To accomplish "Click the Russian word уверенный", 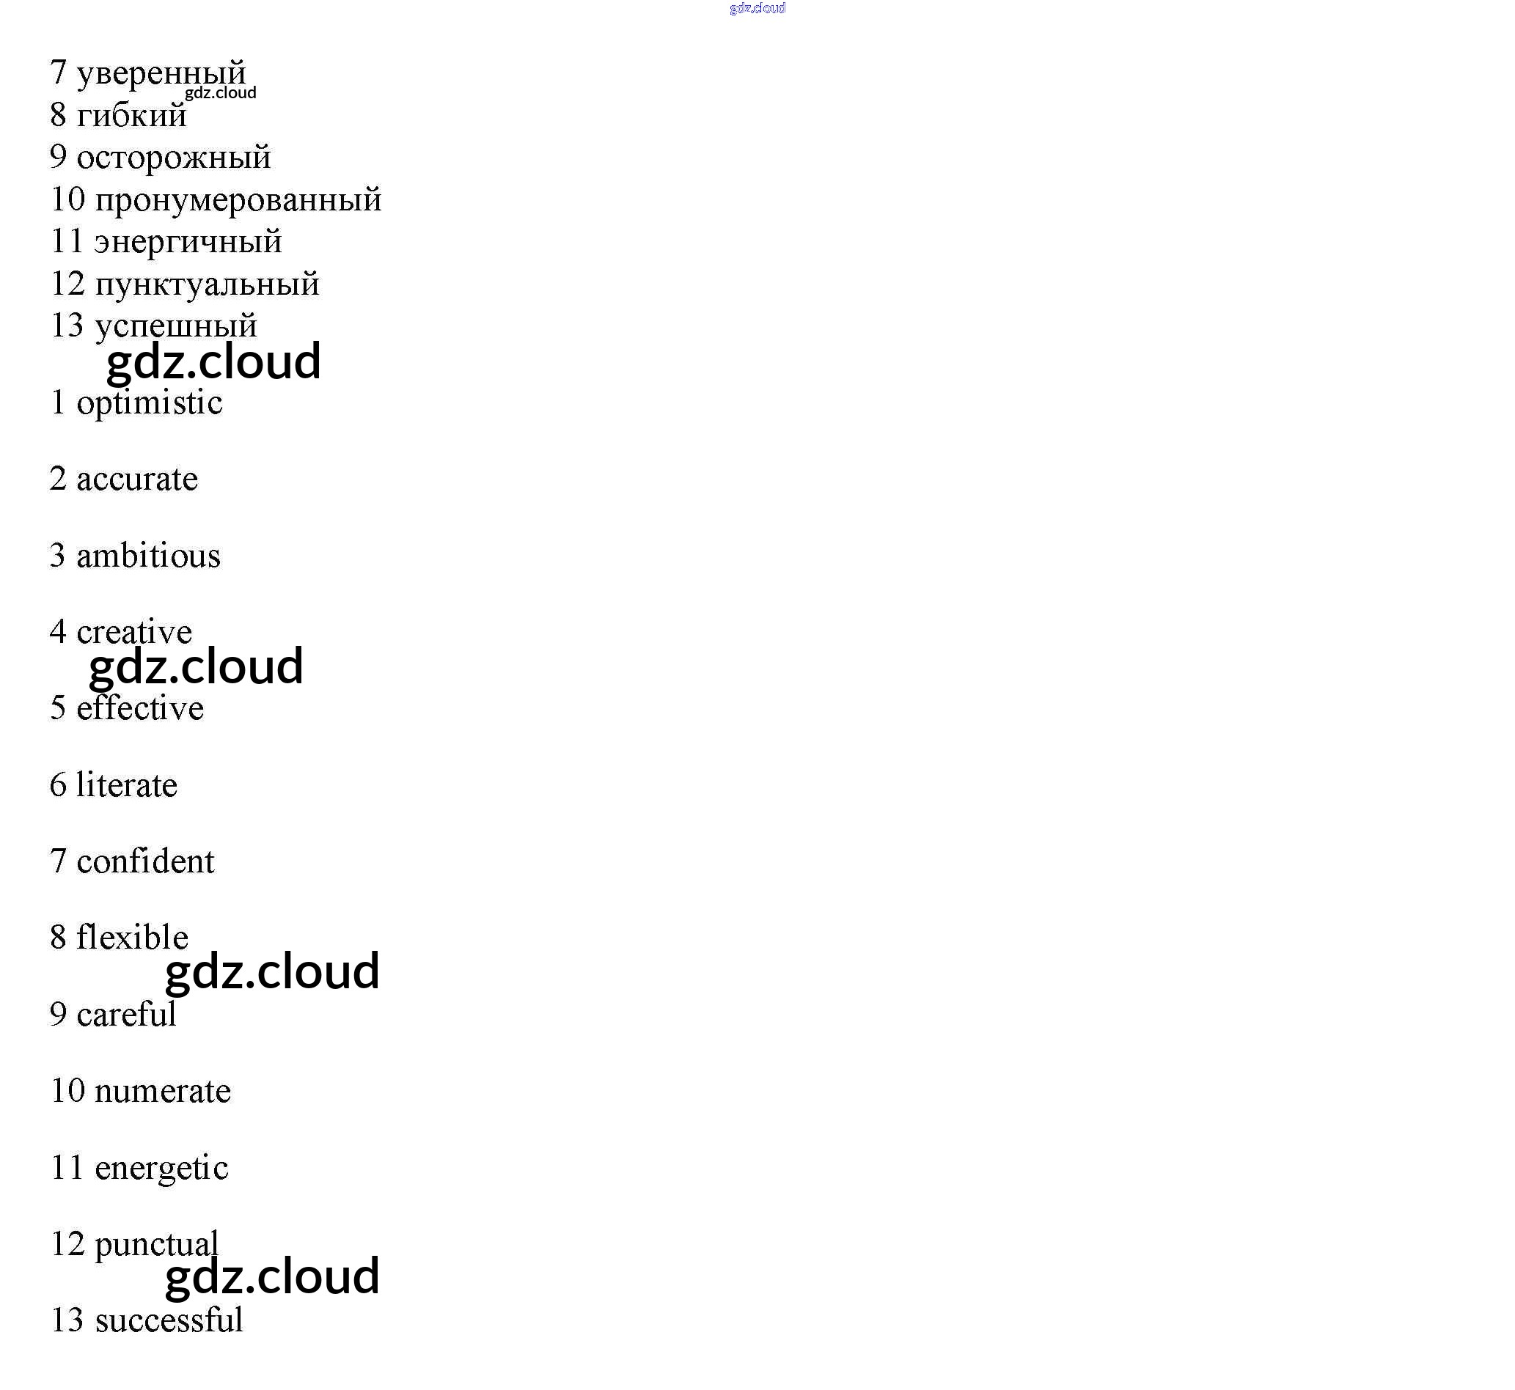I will pyautogui.click(x=161, y=74).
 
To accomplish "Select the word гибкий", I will pyautogui.click(x=132, y=116).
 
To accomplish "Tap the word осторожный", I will pyautogui.click(x=174, y=158).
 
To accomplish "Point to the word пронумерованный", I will pyautogui.click(x=238, y=200).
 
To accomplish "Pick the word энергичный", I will pyautogui.click(x=188, y=242).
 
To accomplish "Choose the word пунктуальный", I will pyautogui.click(x=208, y=284).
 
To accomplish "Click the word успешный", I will pyautogui.click(x=176, y=326).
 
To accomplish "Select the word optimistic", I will pyautogui.click(x=150, y=403).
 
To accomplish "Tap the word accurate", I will pyautogui.click(x=137, y=480).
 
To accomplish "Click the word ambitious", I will pyautogui.click(x=148, y=556).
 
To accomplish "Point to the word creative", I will pyautogui.click(x=134, y=633).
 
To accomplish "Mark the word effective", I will pyautogui.click(x=140, y=709).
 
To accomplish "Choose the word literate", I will pyautogui.click(x=126, y=786).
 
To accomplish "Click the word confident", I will pyautogui.click(x=145, y=862).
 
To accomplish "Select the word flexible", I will pyautogui.click(x=133, y=938).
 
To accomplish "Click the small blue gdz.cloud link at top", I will pyautogui.click(x=757, y=8).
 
